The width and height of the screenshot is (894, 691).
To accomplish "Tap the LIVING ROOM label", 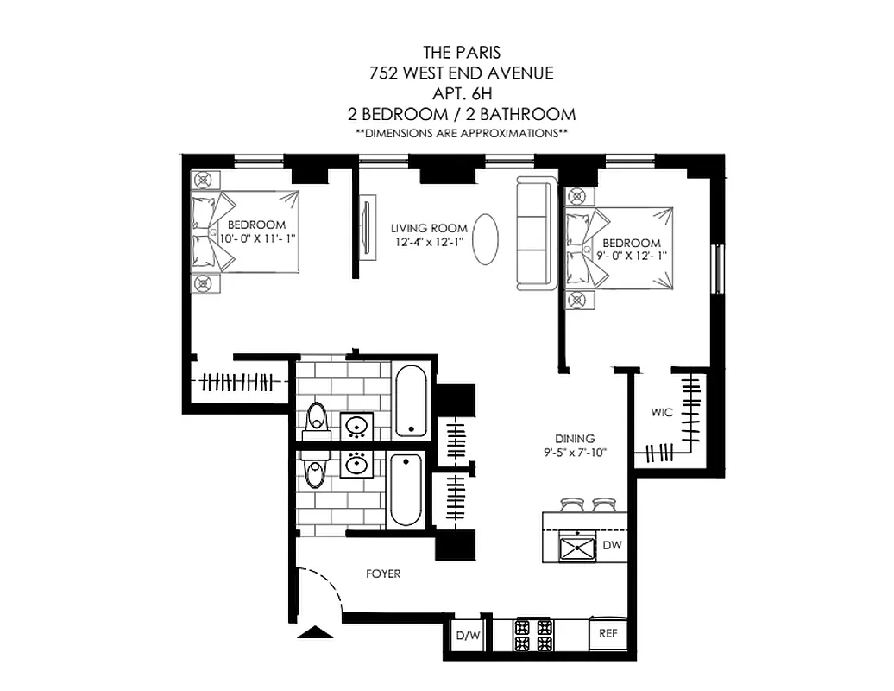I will tap(429, 228).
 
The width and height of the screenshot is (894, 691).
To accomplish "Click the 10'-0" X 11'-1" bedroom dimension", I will tap(258, 238).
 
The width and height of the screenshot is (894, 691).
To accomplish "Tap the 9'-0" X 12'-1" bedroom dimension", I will tap(632, 256).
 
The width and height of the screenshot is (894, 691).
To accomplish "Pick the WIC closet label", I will tap(662, 412).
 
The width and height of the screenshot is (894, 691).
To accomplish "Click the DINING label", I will tap(575, 439).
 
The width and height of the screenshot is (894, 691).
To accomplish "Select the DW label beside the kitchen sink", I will tap(613, 545).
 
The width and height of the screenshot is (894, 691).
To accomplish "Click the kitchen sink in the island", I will tap(576, 547).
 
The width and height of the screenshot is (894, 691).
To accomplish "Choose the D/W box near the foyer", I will tap(468, 637).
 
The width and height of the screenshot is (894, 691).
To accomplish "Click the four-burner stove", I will tap(533, 636).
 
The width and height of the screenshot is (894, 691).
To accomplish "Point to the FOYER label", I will tap(383, 574).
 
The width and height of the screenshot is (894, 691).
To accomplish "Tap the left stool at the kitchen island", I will tap(570, 504).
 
